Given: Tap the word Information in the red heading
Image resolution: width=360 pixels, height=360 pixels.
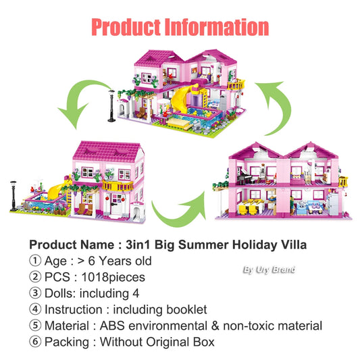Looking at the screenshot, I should pyautogui.click(x=218, y=27).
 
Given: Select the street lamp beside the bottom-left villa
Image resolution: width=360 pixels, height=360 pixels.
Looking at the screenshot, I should pyautogui.click(x=14, y=195).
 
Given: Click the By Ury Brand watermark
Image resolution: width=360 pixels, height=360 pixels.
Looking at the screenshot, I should pyautogui.click(x=269, y=270).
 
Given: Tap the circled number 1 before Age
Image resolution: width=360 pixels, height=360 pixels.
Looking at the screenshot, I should pyautogui.click(x=34, y=261).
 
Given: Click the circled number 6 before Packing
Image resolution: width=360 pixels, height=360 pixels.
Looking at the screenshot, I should pyautogui.click(x=34, y=342).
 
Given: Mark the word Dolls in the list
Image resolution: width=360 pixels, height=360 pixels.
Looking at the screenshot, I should pyautogui.click(x=60, y=293).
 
